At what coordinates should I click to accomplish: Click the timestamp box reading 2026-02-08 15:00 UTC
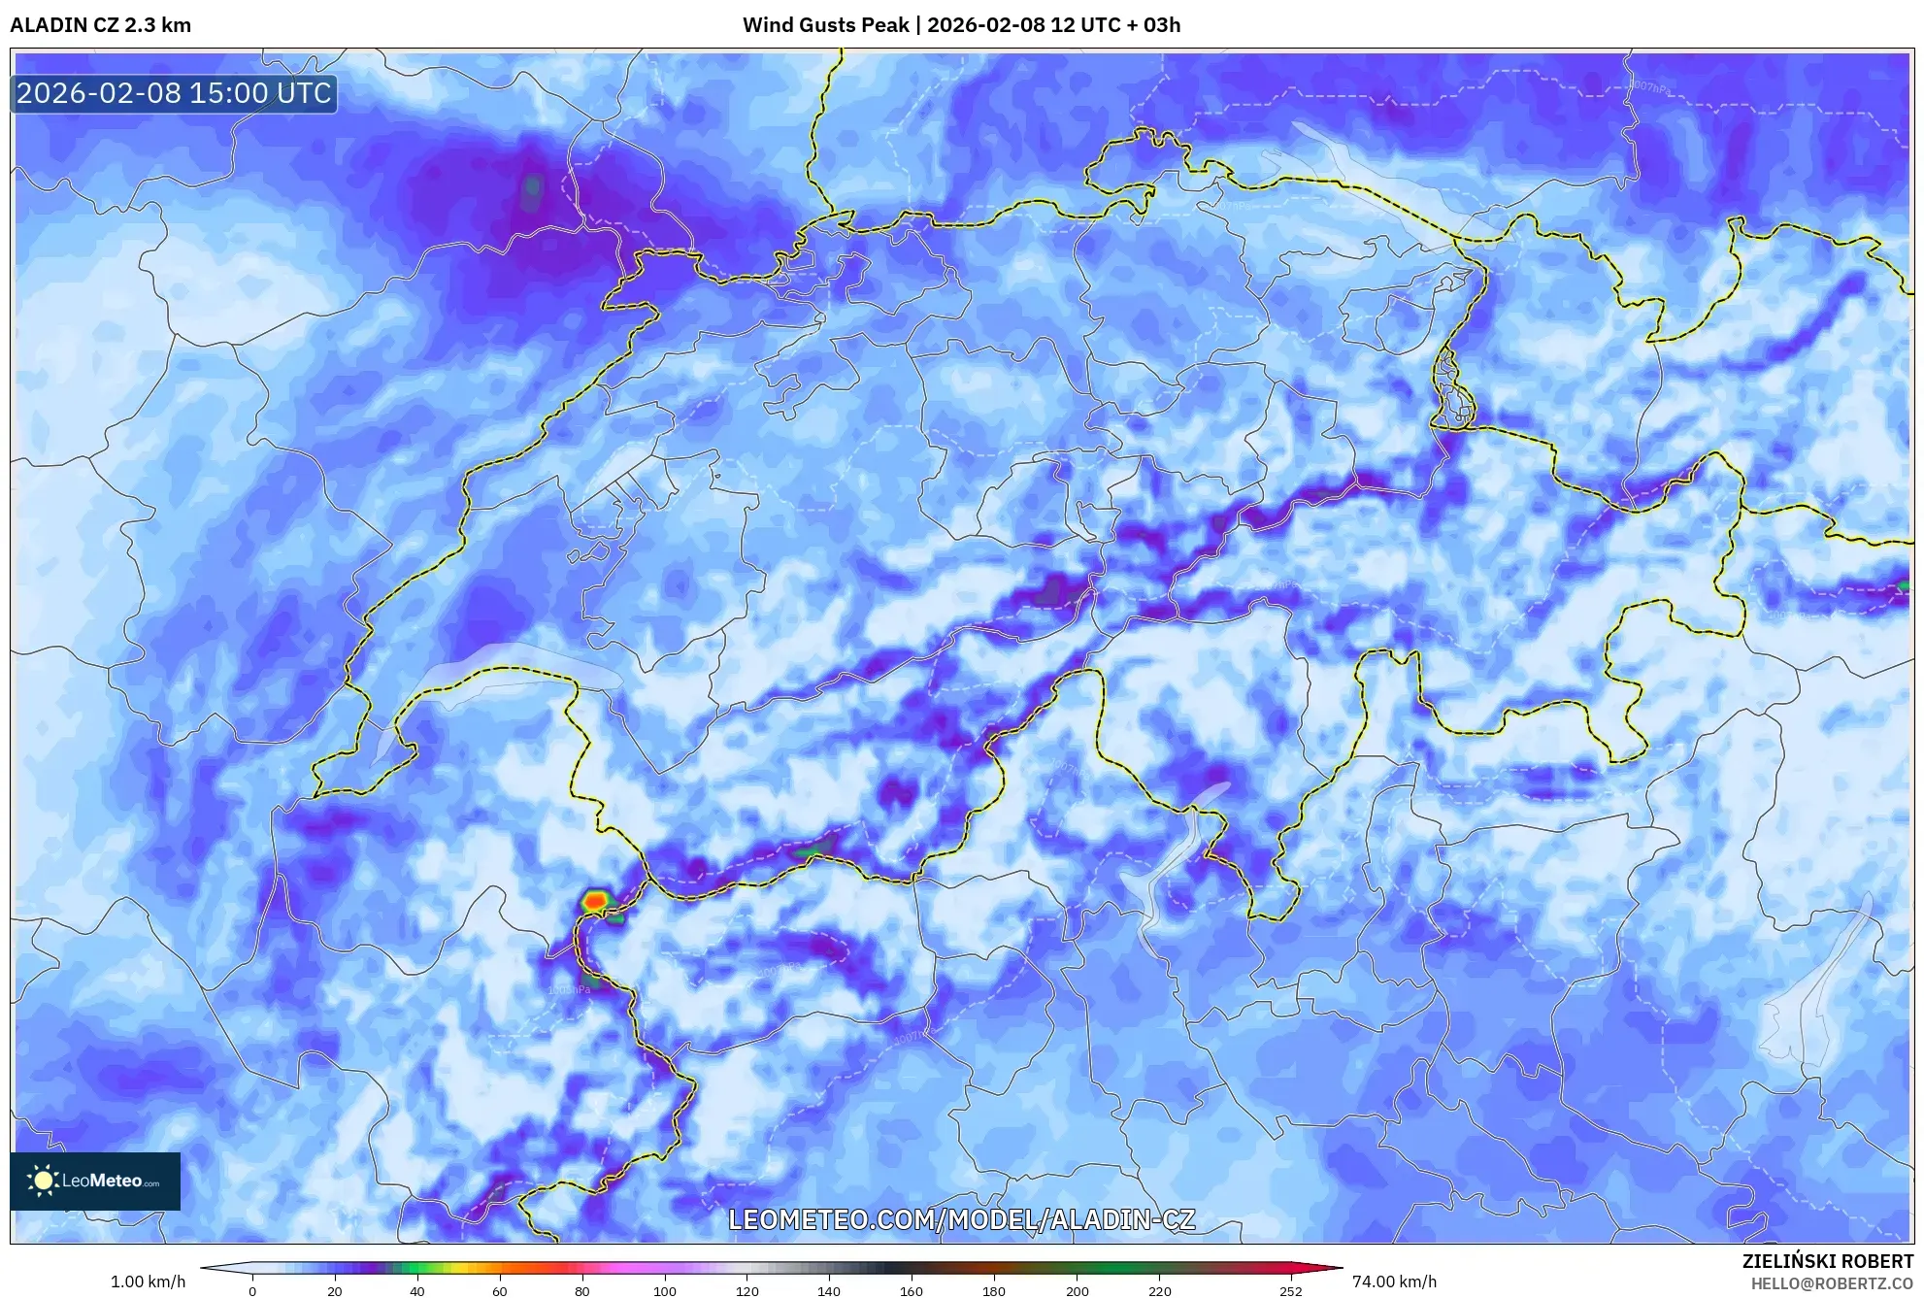tap(174, 93)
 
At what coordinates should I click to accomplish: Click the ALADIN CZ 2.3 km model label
tap(100, 25)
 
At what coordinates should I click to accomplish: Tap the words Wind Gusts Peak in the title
tap(825, 25)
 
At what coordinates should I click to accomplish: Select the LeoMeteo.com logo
tap(95, 1181)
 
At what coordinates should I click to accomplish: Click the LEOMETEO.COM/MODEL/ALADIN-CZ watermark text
tap(961, 1219)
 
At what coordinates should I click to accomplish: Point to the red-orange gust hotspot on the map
tap(595, 901)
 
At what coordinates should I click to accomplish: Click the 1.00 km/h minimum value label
tap(148, 1281)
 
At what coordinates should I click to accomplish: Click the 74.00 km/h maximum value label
tap(1394, 1281)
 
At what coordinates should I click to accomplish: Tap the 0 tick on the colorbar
tap(252, 1291)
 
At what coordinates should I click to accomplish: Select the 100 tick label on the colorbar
tap(664, 1291)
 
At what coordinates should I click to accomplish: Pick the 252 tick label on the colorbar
tap(1290, 1291)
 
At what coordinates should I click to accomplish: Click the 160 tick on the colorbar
tap(912, 1291)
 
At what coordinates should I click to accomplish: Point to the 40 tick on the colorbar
tap(416, 1291)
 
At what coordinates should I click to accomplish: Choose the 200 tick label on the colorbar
tap(1077, 1291)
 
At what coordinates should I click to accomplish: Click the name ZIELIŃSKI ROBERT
tap(1827, 1261)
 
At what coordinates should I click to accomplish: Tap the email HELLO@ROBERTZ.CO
tap(1832, 1283)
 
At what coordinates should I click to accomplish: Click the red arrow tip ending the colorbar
tap(1338, 1268)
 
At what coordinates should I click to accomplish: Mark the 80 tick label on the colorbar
tap(581, 1291)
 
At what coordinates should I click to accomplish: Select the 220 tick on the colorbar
tap(1159, 1291)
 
